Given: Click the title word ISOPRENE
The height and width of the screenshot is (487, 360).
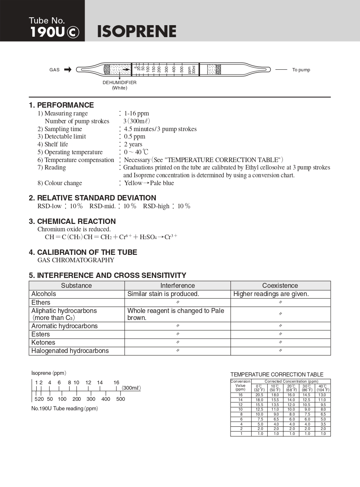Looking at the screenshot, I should [x=136, y=32].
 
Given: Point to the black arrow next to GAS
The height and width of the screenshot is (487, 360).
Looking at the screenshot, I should [x=68, y=70].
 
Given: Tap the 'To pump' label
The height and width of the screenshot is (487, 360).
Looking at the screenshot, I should [x=301, y=70].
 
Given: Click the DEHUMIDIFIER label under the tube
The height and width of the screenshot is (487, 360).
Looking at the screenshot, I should [x=120, y=82].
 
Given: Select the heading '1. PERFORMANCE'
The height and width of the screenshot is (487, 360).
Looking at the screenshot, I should [x=61, y=105].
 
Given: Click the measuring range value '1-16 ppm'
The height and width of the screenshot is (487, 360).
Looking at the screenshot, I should [x=136, y=113].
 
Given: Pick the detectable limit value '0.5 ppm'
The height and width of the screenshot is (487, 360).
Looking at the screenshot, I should [x=134, y=136].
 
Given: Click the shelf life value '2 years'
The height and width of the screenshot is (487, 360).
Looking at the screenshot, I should [x=133, y=144].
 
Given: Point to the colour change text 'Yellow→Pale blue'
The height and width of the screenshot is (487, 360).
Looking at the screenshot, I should [x=149, y=183].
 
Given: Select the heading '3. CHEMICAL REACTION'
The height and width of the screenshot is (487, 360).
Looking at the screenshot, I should [x=72, y=221].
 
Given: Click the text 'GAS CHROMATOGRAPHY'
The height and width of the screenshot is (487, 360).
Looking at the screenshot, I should [x=76, y=260].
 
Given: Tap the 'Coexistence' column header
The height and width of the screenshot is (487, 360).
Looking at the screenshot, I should [x=280, y=285].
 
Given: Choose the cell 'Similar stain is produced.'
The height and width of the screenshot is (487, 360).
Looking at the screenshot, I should [x=163, y=294].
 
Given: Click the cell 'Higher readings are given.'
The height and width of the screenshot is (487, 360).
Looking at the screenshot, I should [x=271, y=294].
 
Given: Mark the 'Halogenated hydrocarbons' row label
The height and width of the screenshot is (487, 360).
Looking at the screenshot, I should [x=70, y=351].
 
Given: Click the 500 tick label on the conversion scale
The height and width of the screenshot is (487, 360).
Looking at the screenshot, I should [x=120, y=399].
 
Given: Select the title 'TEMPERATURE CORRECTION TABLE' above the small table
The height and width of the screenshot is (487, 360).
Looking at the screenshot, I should [x=277, y=374].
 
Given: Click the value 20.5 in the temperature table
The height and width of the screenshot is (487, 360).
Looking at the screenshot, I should [x=259, y=395].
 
